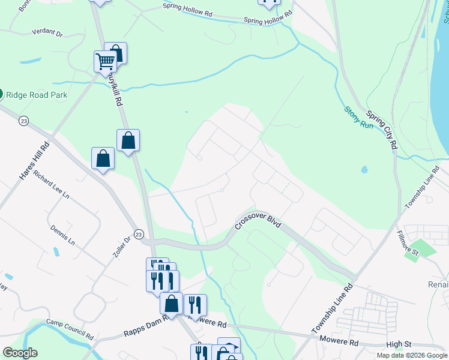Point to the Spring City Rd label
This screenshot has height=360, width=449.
pos(382,130)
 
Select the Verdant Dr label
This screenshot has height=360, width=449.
pos(47,32)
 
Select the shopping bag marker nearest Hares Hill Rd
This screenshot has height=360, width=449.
pos(103,158)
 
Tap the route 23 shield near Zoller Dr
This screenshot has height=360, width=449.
pos(139,233)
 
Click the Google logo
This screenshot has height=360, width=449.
pos(20,353)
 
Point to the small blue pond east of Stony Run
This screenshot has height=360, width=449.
pos(364,170)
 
